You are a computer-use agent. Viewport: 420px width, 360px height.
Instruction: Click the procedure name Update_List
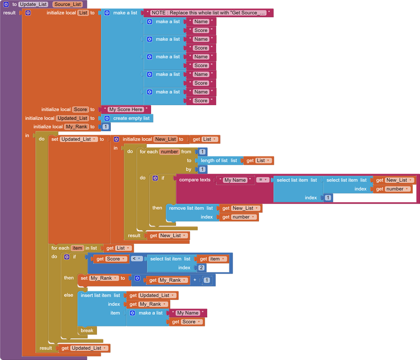(33, 4)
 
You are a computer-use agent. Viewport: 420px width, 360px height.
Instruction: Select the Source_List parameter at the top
(68, 4)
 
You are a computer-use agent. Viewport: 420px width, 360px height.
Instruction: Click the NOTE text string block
(209, 12)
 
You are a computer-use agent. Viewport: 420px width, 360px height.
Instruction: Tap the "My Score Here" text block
(125, 109)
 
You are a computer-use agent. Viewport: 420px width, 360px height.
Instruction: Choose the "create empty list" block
(131, 118)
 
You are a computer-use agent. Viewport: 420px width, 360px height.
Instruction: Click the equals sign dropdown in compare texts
(263, 180)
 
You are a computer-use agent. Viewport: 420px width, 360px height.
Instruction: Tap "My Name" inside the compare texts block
(235, 180)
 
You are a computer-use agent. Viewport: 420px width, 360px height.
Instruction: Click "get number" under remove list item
(238, 217)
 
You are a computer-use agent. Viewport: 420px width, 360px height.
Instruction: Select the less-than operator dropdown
(136, 259)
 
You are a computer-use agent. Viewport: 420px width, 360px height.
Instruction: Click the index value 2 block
(201, 268)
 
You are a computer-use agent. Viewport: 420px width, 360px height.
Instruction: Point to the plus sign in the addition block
(195, 280)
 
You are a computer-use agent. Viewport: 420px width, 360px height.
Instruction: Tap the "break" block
(87, 331)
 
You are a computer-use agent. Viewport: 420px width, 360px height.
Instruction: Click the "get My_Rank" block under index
(147, 304)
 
